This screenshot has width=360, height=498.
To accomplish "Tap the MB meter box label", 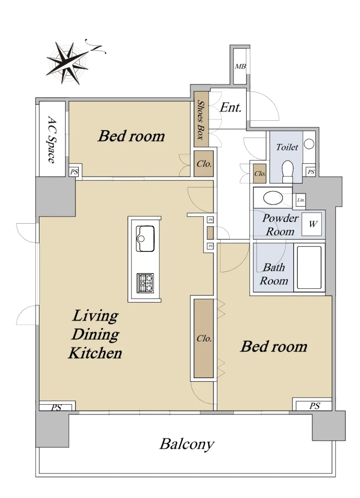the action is click(240, 66).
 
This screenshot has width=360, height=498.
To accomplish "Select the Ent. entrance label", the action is click(231, 108).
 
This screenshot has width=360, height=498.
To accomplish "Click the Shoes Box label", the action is click(201, 120).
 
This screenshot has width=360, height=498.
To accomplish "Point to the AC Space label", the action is click(52, 139).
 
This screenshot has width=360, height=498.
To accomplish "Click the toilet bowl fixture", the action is click(287, 171).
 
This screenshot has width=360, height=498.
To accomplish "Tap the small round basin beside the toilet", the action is click(309, 144).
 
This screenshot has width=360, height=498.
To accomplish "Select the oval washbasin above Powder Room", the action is click(273, 198).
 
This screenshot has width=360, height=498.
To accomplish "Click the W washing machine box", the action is click(311, 224).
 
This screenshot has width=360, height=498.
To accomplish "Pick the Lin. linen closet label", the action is click(301, 200).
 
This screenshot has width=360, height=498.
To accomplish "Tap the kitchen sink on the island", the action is click(145, 239).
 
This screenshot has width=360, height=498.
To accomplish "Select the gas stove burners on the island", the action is click(145, 283).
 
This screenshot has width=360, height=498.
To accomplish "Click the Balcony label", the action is click(187, 444).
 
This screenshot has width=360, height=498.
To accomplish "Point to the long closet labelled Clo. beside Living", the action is click(204, 338).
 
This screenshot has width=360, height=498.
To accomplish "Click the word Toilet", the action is click(287, 147).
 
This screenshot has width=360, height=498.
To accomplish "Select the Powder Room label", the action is click(280, 225).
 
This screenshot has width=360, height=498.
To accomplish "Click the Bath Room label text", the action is click(274, 274).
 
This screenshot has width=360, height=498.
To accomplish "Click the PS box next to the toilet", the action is click(311, 172).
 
